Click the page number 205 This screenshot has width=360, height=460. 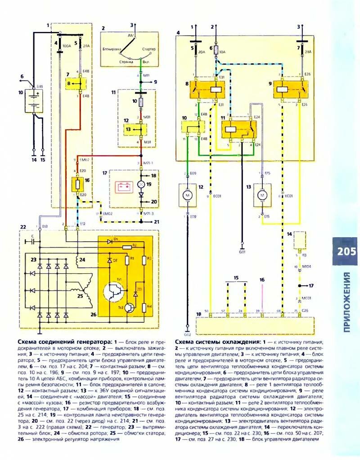point(345,251)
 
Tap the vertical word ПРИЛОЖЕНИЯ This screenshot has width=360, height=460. point(346,302)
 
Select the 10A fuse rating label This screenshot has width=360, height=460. point(221,52)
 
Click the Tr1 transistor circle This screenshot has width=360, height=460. point(112,292)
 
